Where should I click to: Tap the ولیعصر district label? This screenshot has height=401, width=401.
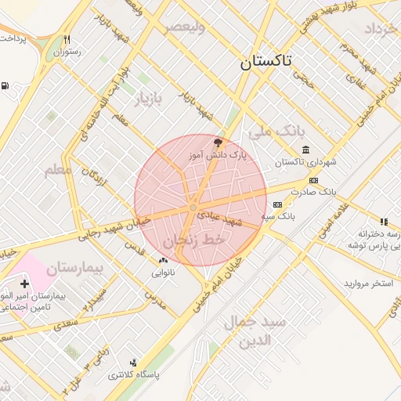184,27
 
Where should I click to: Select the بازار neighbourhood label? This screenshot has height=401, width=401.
150,99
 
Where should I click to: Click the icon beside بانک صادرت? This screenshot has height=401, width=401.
313,180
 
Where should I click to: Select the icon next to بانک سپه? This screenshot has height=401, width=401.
276,204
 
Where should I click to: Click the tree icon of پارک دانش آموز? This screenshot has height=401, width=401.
217,143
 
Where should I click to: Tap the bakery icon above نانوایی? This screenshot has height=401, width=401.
163,261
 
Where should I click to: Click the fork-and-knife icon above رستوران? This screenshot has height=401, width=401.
67,40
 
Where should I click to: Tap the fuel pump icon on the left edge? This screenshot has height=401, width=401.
5,86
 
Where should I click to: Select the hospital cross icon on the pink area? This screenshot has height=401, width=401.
24,284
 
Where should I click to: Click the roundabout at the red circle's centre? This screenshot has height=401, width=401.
193,208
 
